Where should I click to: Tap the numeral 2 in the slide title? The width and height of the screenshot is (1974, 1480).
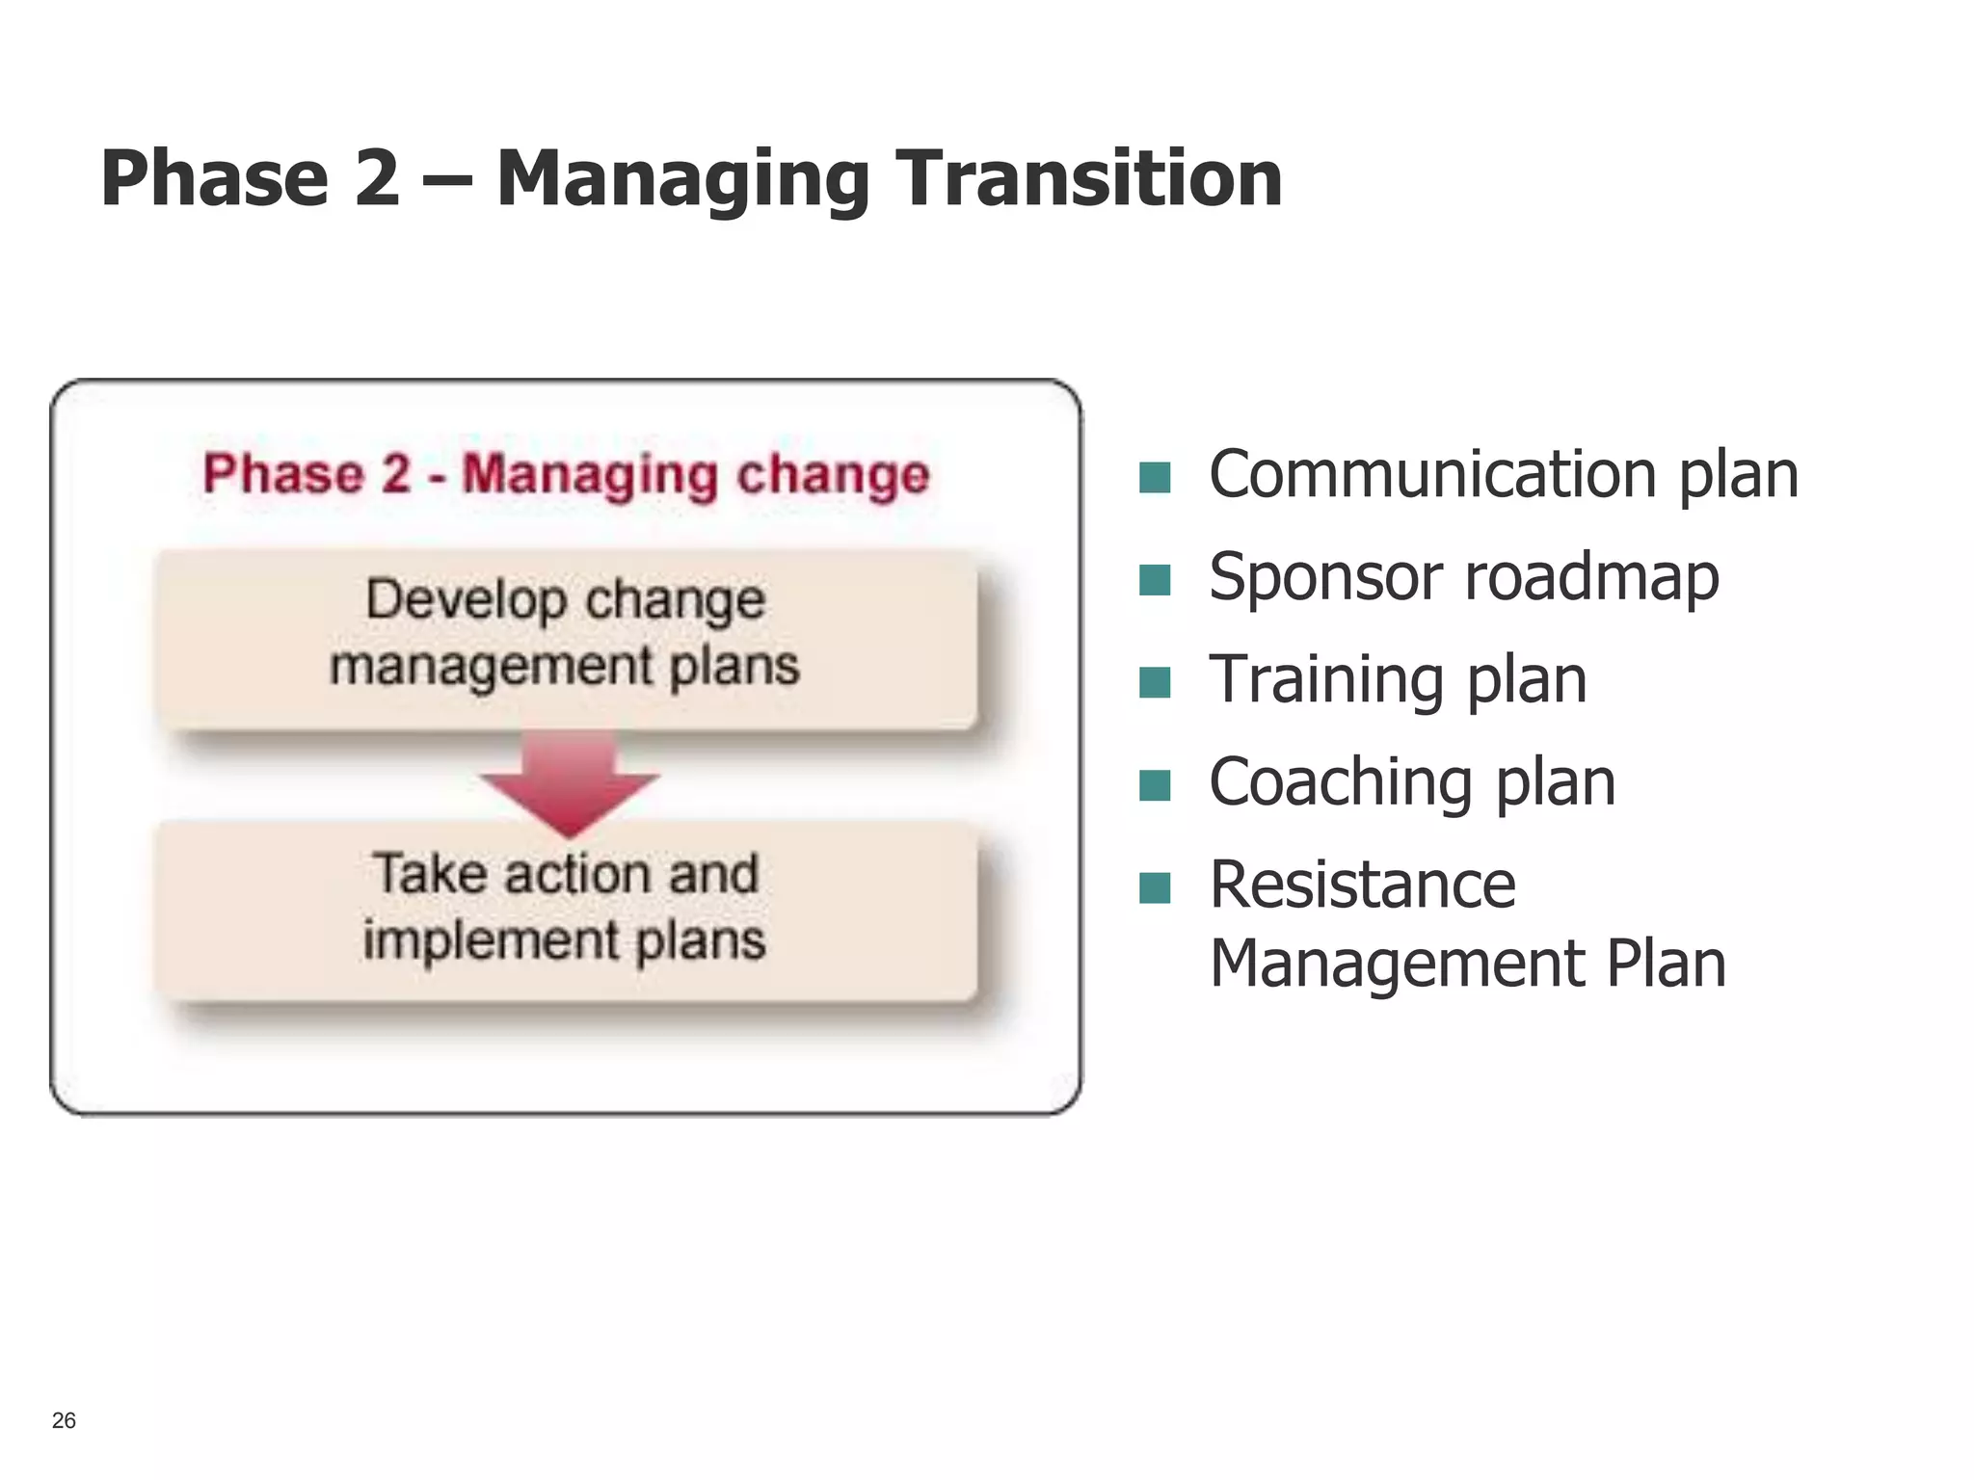coord(376,178)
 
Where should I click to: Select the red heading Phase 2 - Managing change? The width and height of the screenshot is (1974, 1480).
coord(566,474)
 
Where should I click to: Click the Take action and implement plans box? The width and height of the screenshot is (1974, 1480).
coord(566,910)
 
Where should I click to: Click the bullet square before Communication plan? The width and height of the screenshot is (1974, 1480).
coord(1154,477)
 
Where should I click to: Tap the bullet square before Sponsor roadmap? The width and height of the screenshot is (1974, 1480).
coord(1154,580)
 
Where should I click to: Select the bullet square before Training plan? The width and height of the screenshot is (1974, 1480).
coord(1154,682)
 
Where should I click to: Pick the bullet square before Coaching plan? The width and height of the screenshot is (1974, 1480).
coord(1154,785)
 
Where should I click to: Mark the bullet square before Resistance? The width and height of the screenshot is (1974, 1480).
coord(1154,887)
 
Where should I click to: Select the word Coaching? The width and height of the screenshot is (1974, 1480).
coord(1340,783)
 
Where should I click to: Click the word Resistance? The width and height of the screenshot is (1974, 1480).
coord(1362,885)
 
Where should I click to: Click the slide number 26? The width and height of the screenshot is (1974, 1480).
coord(64,1420)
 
